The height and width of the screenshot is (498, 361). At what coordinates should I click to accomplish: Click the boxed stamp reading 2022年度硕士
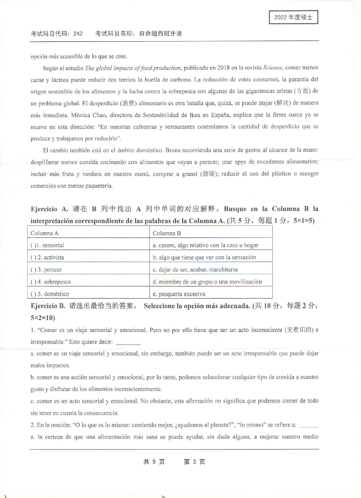(293, 17)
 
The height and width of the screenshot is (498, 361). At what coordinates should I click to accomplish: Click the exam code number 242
(78, 34)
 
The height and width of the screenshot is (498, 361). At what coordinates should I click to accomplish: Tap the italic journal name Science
(272, 68)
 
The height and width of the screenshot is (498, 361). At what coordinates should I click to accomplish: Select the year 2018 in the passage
(223, 68)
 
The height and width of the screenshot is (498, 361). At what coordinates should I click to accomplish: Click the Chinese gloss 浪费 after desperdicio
(128, 103)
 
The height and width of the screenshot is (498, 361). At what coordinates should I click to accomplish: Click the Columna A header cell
(88, 233)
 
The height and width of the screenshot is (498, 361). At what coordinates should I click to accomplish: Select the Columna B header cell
(211, 233)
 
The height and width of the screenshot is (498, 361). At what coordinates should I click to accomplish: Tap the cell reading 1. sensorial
(88, 245)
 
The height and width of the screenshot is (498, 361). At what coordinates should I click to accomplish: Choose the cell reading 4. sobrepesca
(88, 282)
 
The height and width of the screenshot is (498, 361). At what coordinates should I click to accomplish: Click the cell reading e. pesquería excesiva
(211, 294)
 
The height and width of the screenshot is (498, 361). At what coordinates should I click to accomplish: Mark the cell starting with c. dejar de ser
(211, 269)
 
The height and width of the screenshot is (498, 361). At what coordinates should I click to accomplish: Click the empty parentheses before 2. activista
(33, 258)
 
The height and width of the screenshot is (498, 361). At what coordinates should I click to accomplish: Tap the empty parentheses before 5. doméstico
(33, 294)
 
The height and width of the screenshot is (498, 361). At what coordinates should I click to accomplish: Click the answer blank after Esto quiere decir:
(128, 342)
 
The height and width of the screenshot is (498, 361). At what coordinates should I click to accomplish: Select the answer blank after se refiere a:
(309, 425)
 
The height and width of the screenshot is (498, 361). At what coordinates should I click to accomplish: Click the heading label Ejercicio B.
(48, 306)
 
